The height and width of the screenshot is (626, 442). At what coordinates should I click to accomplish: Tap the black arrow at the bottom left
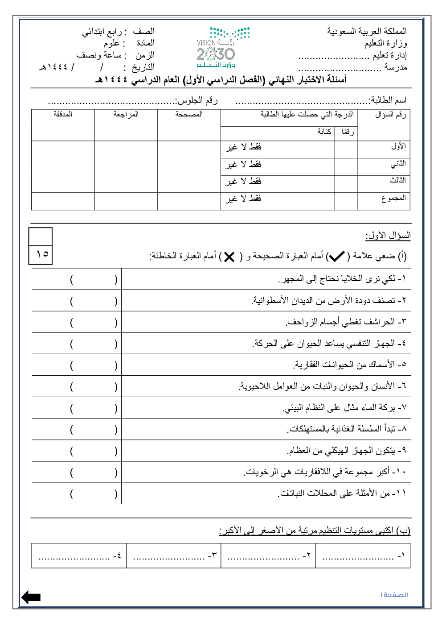click(x=31, y=597)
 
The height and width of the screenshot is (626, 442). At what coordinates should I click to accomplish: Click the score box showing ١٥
click(x=41, y=254)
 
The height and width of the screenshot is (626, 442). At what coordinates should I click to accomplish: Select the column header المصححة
click(x=189, y=115)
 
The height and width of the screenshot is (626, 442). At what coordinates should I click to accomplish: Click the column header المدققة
click(x=63, y=115)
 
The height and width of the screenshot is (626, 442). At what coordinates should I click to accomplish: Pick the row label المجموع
click(x=393, y=198)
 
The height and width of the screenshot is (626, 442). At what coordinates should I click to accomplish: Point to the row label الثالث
click(x=397, y=180)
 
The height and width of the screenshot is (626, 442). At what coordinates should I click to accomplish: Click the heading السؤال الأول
click(x=388, y=235)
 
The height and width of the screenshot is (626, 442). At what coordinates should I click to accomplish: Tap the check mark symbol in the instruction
click(x=336, y=256)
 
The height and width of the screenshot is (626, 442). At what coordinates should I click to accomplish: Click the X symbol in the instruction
click(x=229, y=257)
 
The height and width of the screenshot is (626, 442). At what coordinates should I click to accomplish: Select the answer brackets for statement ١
click(x=94, y=279)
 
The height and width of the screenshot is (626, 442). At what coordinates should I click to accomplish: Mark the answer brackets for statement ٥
click(x=94, y=365)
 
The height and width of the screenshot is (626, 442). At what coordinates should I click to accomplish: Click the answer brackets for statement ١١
click(x=94, y=493)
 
